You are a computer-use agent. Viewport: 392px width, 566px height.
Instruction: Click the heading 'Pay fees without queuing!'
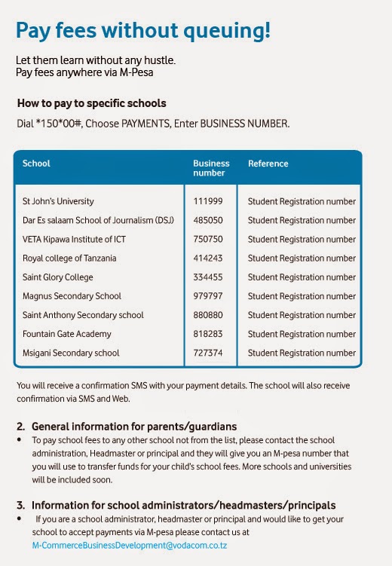coord(142,31)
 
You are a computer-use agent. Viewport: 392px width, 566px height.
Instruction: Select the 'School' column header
coord(36,164)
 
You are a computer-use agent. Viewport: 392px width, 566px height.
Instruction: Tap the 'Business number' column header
coord(211,168)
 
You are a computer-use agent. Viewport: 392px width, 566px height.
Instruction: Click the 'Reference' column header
coord(268,164)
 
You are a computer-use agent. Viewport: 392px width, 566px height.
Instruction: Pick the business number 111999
coord(208,202)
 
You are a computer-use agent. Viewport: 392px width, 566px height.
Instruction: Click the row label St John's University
coord(58,202)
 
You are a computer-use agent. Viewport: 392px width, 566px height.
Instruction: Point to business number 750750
coord(208,240)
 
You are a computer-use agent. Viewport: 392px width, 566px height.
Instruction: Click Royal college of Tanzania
coord(69,259)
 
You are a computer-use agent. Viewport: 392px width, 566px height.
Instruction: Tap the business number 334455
coord(208,277)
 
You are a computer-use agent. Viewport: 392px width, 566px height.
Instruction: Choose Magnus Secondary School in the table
coord(72,296)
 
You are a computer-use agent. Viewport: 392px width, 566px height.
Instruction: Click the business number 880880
coord(208,315)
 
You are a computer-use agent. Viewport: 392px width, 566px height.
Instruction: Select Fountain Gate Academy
coord(66,334)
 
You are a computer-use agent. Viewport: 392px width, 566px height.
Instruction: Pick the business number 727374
coord(208,353)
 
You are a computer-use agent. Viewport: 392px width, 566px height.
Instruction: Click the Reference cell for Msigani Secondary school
coord(302,353)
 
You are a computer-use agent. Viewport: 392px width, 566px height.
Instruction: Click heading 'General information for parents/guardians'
coord(134,427)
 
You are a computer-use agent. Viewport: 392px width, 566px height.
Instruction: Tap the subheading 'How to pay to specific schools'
coord(91,103)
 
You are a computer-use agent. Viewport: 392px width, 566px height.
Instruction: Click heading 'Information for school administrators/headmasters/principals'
coord(183,505)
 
